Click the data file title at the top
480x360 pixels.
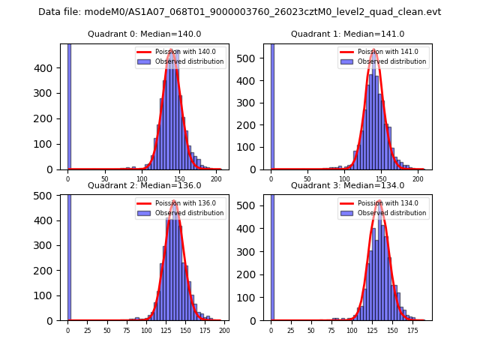tap(239, 12)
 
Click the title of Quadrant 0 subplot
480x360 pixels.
tap(145, 34)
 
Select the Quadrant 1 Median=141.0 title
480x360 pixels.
tap(347, 34)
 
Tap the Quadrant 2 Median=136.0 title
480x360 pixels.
tap(145, 185)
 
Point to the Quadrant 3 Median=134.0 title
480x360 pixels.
tap(347, 185)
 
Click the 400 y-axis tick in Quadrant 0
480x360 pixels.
tap(49, 68)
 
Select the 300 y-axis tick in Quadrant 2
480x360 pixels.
tap(49, 245)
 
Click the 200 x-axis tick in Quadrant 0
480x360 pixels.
tap(216, 179)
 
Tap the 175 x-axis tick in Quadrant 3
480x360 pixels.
tap(412, 330)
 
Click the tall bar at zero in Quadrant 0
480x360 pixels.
tap(68, 105)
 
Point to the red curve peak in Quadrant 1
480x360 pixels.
tap(373, 51)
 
